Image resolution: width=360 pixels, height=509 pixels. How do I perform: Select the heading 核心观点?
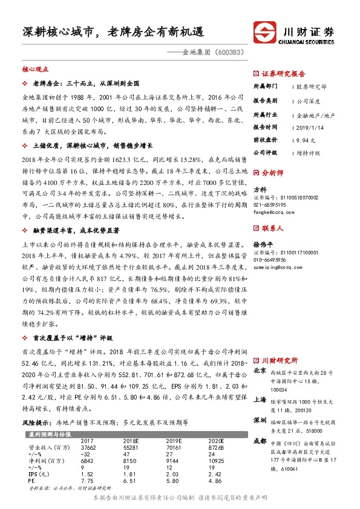34,70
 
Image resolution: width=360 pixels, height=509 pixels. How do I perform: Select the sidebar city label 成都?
260,441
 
